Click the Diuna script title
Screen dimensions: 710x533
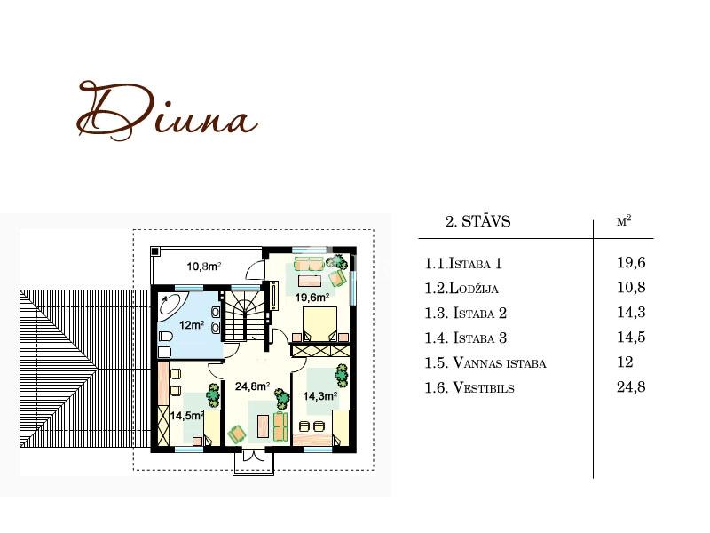coord(168,110)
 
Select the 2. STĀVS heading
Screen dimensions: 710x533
coord(477,221)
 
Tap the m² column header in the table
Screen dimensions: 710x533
coord(624,220)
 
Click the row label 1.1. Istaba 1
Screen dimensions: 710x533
coord(462,263)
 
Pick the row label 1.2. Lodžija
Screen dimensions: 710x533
coord(461,288)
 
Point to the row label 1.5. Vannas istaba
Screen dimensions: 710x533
coord(485,362)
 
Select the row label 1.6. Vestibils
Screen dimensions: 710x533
coord(469,387)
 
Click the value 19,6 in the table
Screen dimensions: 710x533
coord(631,262)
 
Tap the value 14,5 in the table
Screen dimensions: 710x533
coord(631,338)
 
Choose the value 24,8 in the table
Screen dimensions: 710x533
coord(631,387)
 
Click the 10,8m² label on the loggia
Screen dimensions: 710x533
coord(204,266)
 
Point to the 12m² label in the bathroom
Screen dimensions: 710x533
coord(192,325)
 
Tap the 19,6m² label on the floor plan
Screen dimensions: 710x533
coord(312,298)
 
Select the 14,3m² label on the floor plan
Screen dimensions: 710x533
coord(320,396)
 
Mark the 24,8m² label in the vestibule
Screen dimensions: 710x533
coord(253,386)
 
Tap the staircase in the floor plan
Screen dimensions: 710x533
coord(245,316)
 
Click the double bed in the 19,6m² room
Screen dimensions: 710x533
coord(320,324)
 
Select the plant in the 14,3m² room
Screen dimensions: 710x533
coord(342,376)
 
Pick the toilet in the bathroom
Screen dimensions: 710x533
coord(165,337)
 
